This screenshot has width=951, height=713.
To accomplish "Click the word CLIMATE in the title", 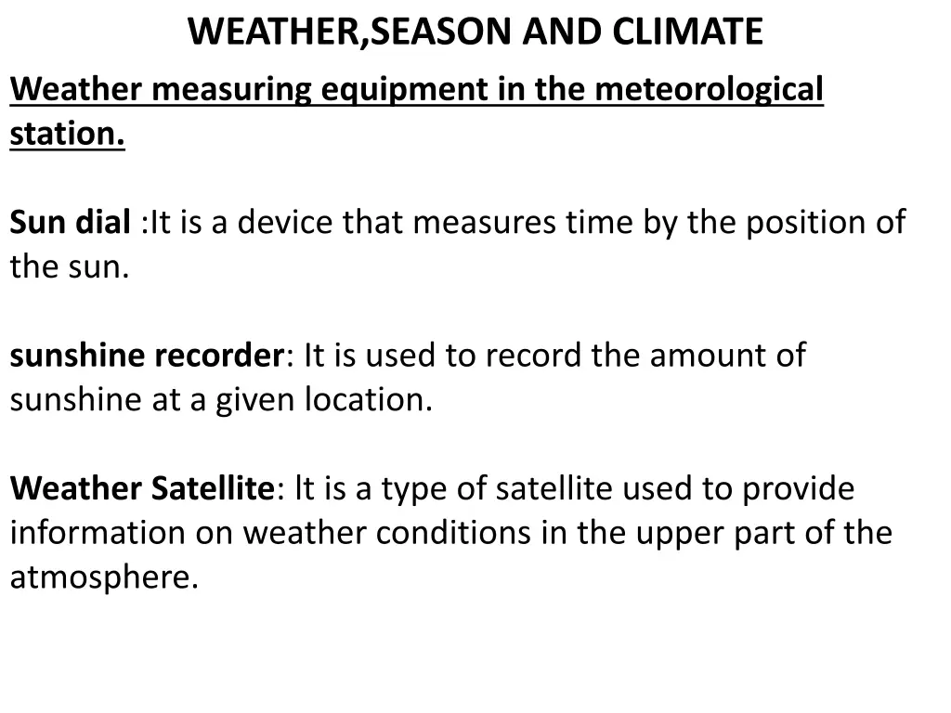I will click(686, 32).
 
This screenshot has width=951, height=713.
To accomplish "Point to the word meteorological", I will click(709, 91).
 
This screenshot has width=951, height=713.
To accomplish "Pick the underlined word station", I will click(67, 135).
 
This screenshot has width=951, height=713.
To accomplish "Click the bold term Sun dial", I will click(71, 223).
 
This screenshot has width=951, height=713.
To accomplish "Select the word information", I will click(98, 534).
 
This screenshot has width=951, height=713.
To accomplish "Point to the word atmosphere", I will click(104, 578).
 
